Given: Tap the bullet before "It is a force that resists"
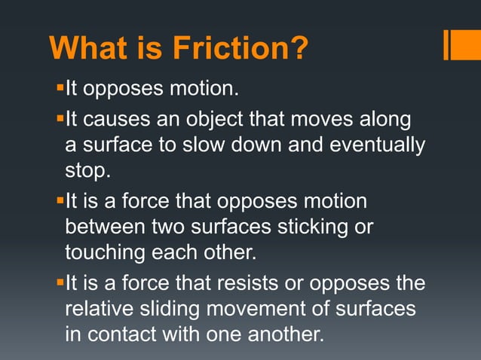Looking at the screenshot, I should point(60,283).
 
